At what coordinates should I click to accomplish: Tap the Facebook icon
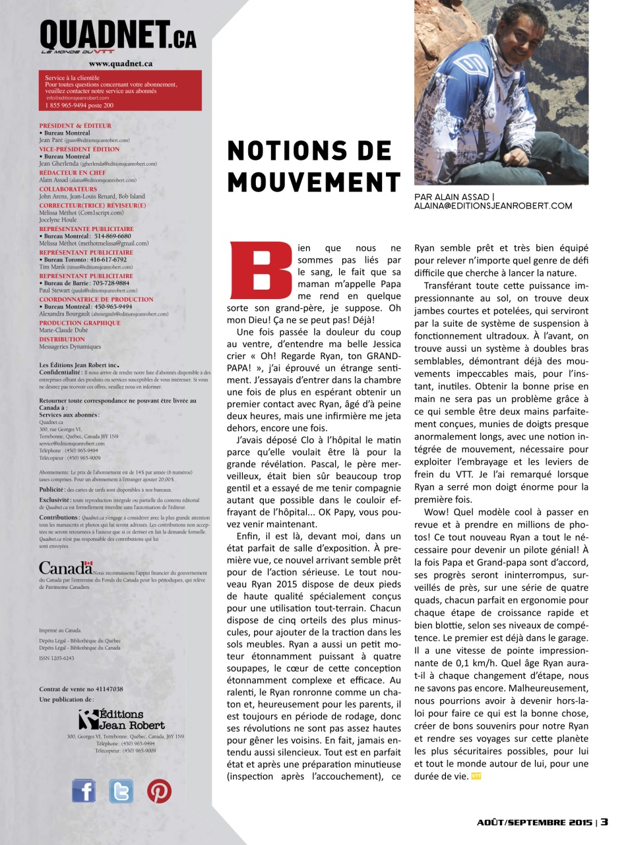[x=84, y=790]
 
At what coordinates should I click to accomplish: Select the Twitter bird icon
[x=121, y=790]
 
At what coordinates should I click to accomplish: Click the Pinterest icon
[x=159, y=790]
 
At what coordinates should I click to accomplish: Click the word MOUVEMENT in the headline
[x=314, y=181]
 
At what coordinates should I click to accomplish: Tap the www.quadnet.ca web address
[x=121, y=64]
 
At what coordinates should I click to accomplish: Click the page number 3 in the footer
[x=604, y=822]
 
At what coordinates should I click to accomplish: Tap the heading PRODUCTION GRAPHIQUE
[x=80, y=323]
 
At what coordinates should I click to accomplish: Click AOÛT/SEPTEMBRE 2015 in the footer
[x=534, y=823]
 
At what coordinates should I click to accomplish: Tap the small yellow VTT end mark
[x=476, y=776]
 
